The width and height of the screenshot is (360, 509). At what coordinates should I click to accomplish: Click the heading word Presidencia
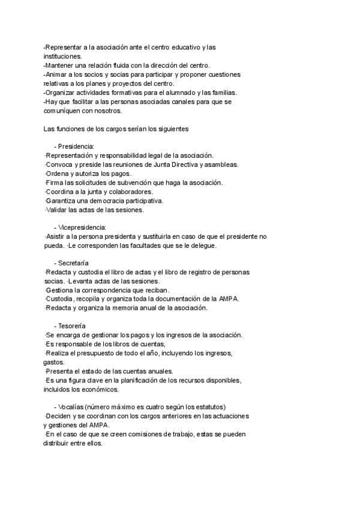coord(76,146)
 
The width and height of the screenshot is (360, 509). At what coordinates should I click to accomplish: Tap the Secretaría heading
coord(74,263)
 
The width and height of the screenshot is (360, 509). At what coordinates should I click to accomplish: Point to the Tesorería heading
coord(73,326)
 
